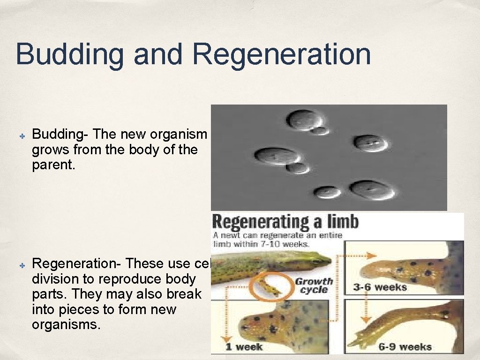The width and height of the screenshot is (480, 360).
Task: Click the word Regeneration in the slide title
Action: (x=282, y=54)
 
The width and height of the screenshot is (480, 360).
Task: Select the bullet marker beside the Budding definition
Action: (x=22, y=135)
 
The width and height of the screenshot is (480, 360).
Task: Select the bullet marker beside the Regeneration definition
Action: (x=22, y=264)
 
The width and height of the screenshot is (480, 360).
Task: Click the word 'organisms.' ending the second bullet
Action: (x=66, y=324)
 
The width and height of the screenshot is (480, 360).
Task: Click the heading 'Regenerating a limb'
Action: (x=285, y=221)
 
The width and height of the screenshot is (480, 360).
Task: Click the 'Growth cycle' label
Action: (x=314, y=285)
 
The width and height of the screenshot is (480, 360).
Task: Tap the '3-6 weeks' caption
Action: (x=380, y=287)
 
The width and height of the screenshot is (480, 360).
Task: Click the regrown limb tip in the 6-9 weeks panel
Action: (x=363, y=337)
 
